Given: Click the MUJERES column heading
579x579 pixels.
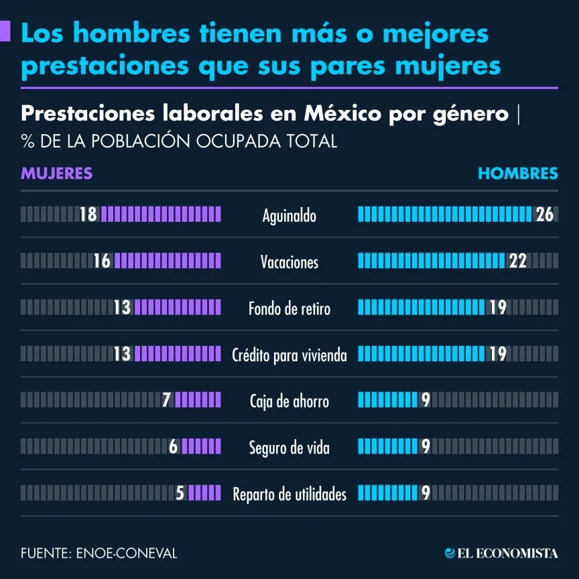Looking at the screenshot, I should pos(56,173).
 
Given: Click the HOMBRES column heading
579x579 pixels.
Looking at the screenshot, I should pos(517,173).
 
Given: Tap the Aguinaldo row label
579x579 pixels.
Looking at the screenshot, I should pos(289,216).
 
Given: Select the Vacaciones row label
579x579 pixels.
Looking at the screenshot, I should pos(289,262).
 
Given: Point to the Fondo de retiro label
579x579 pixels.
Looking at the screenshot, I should pos(289,308).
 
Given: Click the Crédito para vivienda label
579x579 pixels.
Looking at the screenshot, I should pos(289,355).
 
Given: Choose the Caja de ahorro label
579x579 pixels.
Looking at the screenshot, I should pos(289,401).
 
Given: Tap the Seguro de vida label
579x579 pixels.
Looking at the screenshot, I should pos(289,447).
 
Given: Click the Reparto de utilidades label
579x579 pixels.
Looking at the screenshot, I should pos(289,494).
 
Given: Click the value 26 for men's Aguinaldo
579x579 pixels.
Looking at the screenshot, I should pos(544,214).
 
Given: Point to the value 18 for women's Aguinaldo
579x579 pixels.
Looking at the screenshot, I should pos(88,214).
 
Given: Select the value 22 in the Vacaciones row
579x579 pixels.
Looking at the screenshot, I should pos(517,261).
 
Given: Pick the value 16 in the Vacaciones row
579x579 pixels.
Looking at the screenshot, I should pos(102,261).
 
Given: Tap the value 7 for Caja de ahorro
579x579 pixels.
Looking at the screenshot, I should pos(167,400).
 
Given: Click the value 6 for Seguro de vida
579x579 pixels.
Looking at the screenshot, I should pos(173,446).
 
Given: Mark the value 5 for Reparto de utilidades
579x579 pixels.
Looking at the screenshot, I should pos(180,493).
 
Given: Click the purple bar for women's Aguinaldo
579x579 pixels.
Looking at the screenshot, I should pos(160,214).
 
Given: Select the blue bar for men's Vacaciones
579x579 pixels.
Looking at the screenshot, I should pos(432,261).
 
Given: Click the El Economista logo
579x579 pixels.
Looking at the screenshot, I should pos(501,553).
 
